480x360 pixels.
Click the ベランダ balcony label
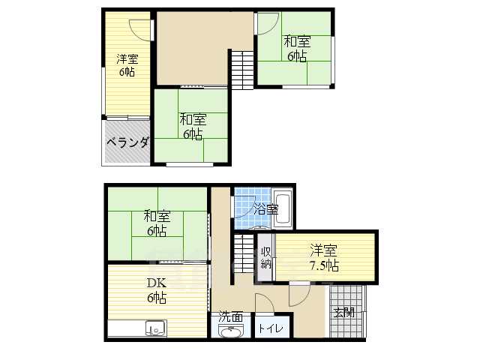coord(128,142)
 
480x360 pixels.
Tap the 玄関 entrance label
coord(344,312)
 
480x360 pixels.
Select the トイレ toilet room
coord(272,327)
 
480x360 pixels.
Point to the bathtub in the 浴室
coord(282,208)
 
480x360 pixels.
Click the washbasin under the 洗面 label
coord(230,331)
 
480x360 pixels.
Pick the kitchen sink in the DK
coord(156,328)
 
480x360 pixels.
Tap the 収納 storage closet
coord(265,257)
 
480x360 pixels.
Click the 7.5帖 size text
coord(325,265)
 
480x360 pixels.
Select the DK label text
coord(157,283)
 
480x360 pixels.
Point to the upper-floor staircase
coord(242,70)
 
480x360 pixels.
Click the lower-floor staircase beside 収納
coord(244,253)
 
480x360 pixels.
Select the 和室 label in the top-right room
coord(297,41)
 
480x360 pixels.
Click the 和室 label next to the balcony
coord(193,119)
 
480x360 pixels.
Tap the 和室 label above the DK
coord(157,216)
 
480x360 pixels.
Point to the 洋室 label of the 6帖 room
coord(127,58)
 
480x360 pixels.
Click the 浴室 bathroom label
coord(266,209)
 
